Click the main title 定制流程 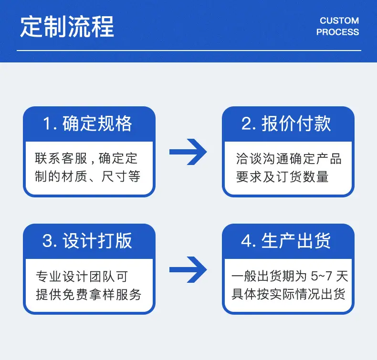pos(67,27)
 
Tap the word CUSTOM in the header pos(339,21)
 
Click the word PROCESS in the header pos(337,32)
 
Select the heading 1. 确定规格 pos(87,123)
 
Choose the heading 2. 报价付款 pos(286,123)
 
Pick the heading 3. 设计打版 pos(87,241)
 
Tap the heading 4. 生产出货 pos(286,241)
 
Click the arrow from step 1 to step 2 pos(188,152)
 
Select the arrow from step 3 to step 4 pos(188,269)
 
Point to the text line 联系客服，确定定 pos(86,158)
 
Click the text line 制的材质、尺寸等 pos(87,176)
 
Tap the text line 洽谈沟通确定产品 pos(289,159)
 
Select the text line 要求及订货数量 pos(282,177)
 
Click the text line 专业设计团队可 pos(82,276)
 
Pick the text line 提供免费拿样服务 pos(88,294)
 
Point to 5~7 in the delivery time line pos(322,276)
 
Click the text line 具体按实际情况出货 pos(289,294)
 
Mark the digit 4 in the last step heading pos(246,241)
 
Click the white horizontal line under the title pos(189,51)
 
